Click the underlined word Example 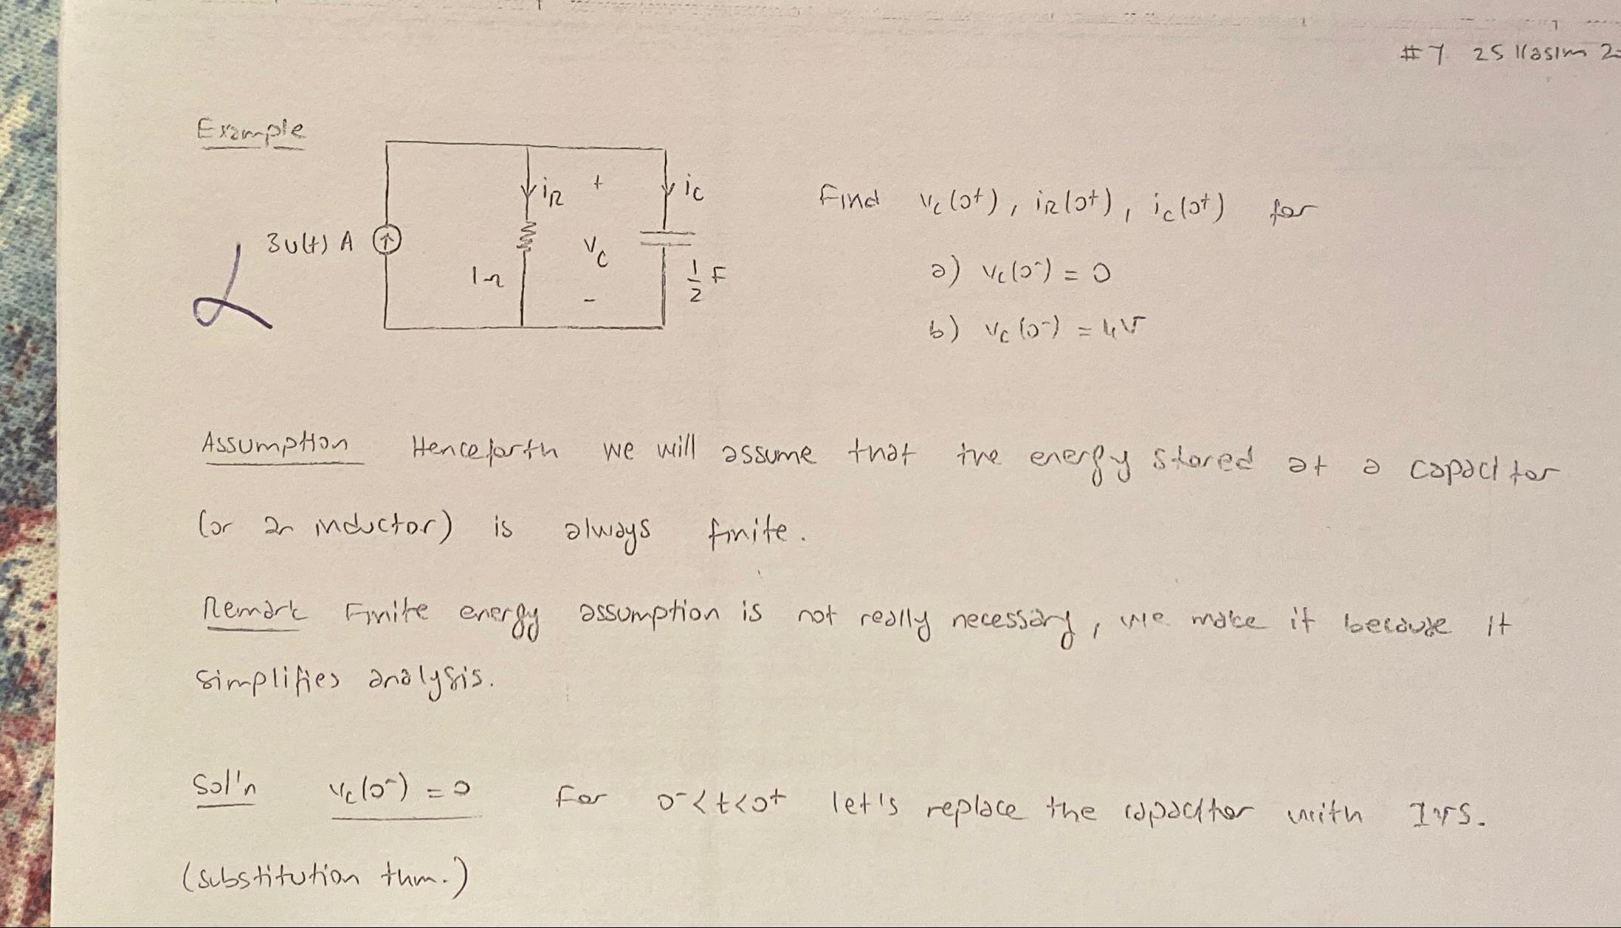coord(250,131)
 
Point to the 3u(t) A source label coord(310,242)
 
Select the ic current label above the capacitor coord(692,190)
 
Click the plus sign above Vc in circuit coord(599,181)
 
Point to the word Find coord(850,198)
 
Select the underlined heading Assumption coord(275,445)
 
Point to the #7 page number coord(1422,54)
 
